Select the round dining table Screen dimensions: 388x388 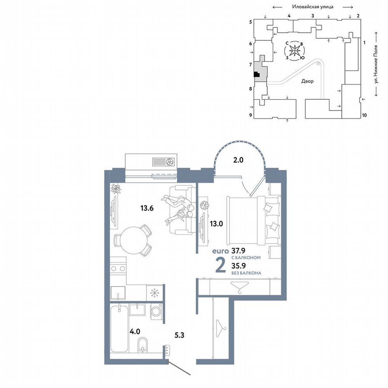click(132, 241)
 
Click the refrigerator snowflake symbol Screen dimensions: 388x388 click(155, 293)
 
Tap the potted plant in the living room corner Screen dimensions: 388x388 click(115, 189)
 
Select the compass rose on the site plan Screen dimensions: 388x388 click(294, 51)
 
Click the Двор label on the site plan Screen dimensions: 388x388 click(308, 81)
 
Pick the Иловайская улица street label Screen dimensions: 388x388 click(312, 7)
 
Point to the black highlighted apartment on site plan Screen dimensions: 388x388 click(256, 75)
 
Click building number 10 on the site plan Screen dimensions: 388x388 click(364, 115)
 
